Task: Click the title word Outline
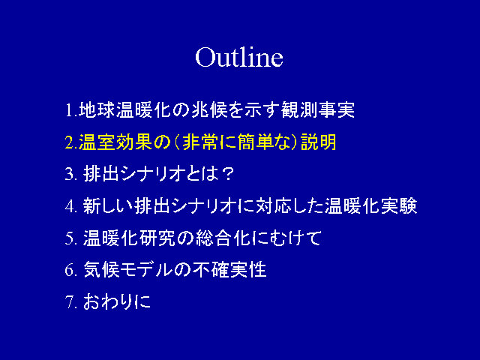pos(239,57)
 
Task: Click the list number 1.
pos(70,110)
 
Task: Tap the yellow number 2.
pos(70,142)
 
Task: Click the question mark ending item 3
pos(227,174)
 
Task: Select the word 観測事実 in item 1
pos(318,109)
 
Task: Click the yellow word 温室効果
pos(115,142)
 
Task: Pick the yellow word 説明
pos(319,142)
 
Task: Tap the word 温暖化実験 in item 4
pos(371,205)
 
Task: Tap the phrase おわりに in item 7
pos(117,301)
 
